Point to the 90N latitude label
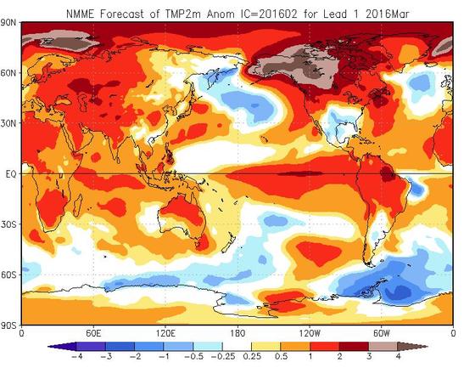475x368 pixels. point(10,24)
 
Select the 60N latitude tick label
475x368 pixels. point(10,73)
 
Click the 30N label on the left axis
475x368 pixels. point(10,123)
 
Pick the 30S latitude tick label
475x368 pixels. point(10,224)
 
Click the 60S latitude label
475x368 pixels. point(10,275)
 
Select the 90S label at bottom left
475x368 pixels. point(10,325)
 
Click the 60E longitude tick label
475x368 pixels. point(93,333)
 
